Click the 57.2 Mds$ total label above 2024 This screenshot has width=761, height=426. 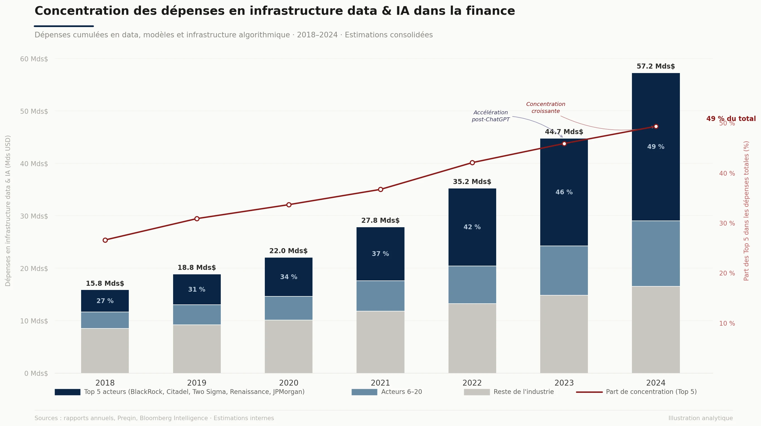click(656, 66)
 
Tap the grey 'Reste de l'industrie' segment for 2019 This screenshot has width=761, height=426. click(197, 348)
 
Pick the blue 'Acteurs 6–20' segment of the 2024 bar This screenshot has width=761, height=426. click(656, 253)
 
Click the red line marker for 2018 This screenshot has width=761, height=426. click(105, 240)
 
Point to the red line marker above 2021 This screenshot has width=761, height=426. click(380, 189)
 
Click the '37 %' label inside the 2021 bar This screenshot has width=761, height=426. click(380, 254)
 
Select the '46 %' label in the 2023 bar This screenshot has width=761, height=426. click(564, 192)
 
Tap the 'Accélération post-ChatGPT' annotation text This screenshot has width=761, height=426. click(490, 116)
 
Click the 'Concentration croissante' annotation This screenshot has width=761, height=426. click(545, 108)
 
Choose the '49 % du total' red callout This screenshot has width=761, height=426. click(731, 118)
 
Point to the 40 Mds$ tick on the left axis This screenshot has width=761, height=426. click(34, 164)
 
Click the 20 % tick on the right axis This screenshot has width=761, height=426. click(727, 273)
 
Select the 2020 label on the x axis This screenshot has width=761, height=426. click(289, 383)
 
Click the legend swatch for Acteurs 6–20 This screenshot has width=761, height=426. click(364, 392)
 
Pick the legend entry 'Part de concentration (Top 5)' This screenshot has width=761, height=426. click(651, 392)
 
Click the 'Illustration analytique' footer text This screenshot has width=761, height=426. click(701, 418)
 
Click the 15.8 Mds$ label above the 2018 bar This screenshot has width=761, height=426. click(105, 283)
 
